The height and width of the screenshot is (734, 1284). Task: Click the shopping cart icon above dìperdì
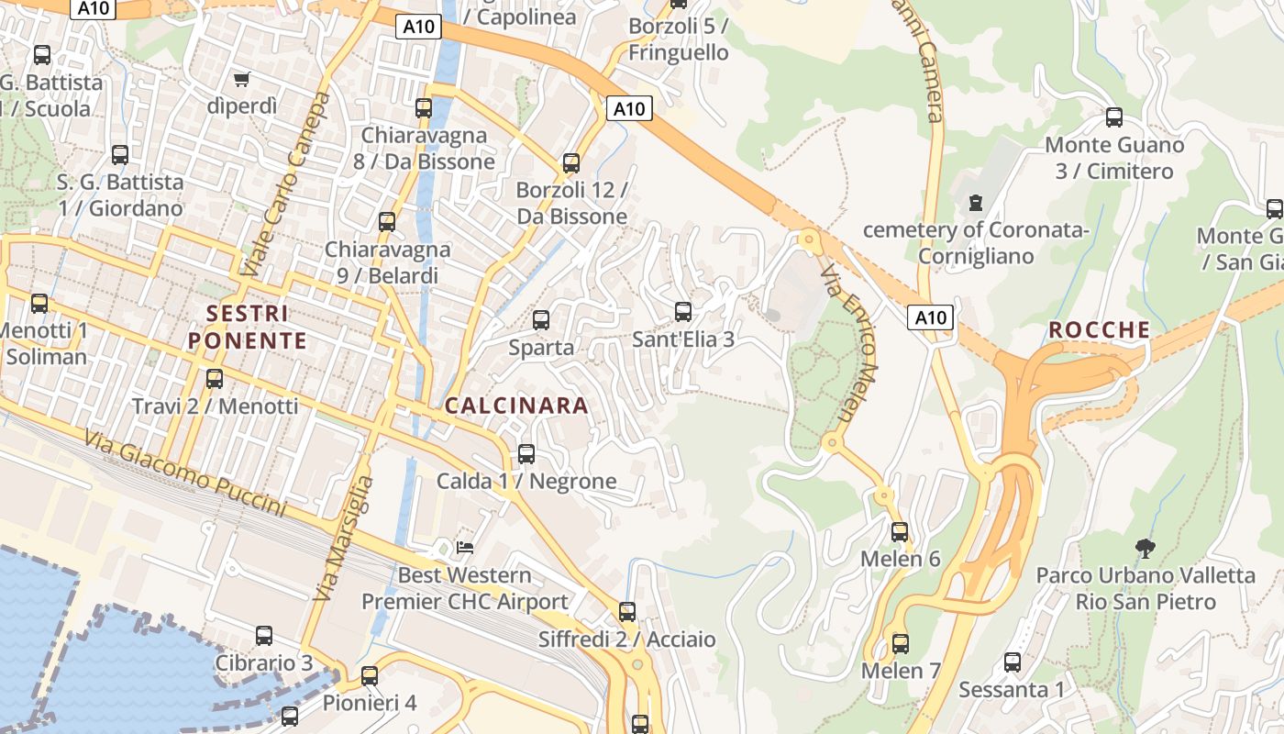(242, 80)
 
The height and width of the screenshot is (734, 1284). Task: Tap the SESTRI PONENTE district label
(248, 327)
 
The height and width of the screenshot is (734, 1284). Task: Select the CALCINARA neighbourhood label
(516, 406)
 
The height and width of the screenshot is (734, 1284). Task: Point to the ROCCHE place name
(1099, 329)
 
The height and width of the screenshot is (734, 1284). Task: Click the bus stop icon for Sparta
(541, 320)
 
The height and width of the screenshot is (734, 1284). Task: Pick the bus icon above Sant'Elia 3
(682, 312)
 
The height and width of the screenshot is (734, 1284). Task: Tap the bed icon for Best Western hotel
(465, 548)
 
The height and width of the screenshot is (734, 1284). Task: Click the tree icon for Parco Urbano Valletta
(1145, 549)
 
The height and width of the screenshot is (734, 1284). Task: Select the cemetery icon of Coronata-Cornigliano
(975, 202)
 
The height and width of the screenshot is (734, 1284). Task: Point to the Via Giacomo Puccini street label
(184, 473)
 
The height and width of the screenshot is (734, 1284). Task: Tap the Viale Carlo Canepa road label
(285, 184)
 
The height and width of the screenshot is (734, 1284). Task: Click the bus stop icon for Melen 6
(900, 531)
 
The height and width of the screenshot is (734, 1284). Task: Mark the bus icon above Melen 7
(901, 643)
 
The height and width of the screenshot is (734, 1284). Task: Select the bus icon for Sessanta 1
(1013, 662)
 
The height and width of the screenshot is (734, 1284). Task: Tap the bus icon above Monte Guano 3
(1114, 117)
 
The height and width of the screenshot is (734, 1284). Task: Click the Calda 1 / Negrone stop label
(526, 481)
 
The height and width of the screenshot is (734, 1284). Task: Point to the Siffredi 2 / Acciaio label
(626, 639)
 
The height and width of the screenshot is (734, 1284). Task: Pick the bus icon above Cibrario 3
(264, 635)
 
